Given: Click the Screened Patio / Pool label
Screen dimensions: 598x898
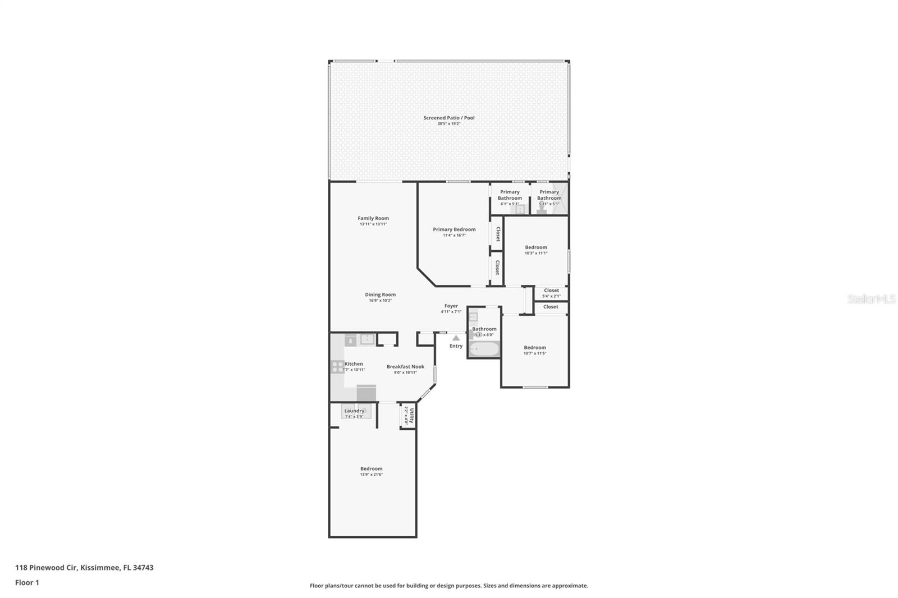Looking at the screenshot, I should [448, 118].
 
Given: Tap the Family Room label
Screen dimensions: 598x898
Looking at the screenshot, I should [373, 218].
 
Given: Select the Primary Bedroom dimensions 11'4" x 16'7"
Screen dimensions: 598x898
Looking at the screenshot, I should [454, 236].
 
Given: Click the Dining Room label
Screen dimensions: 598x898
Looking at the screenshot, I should [380, 295].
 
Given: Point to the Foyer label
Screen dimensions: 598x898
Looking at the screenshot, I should [451, 306].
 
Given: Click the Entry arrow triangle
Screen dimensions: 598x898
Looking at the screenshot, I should [456, 338].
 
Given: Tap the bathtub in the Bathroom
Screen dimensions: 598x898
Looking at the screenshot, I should [484, 349].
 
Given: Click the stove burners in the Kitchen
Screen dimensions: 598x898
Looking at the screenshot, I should [337, 367].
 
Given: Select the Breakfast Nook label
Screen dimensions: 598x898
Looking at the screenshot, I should [405, 367].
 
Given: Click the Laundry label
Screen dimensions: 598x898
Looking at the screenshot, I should [354, 411].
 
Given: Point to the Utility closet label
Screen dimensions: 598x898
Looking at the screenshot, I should [411, 416].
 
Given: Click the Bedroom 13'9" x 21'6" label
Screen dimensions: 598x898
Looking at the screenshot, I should [371, 469].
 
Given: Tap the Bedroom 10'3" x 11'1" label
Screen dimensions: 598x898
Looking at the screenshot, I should [536, 247].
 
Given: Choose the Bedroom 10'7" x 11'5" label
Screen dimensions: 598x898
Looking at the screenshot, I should [535, 348].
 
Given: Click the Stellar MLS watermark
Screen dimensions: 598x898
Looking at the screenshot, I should [871, 299].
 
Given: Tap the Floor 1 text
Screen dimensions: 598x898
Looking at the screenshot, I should [27, 582].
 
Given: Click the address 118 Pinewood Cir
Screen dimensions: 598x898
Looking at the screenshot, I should [84, 567].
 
